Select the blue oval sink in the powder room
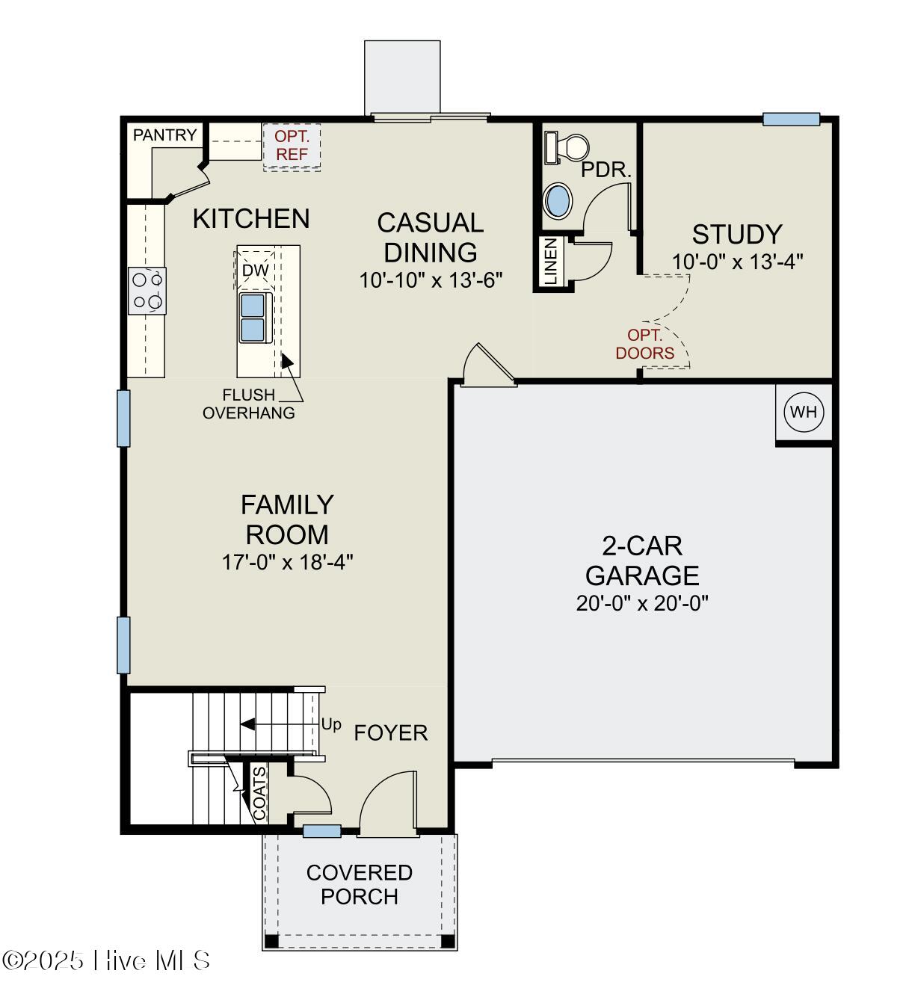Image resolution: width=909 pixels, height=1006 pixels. (x=558, y=200)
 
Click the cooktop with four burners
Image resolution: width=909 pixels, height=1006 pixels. (x=147, y=291)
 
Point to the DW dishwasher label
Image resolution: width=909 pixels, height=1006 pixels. (x=256, y=270)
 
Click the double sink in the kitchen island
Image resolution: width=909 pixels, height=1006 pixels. (x=253, y=317)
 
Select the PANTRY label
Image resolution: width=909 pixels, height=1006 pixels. (x=164, y=135)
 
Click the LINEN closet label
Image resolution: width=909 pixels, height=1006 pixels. (x=550, y=262)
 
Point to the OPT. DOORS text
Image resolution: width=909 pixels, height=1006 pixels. (x=644, y=345)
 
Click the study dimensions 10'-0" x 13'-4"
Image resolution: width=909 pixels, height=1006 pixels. (x=737, y=262)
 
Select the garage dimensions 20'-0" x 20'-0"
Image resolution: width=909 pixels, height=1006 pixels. (x=642, y=603)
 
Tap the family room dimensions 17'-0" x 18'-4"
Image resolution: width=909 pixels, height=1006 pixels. (x=287, y=562)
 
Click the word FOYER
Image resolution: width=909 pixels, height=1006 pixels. (x=390, y=733)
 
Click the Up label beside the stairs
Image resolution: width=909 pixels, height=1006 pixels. (x=331, y=724)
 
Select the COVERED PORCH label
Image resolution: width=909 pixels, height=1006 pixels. (x=360, y=884)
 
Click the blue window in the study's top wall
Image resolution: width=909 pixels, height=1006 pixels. (x=791, y=119)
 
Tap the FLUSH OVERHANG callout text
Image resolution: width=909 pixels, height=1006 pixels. (x=249, y=404)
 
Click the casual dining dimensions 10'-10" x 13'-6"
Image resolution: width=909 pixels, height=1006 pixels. (x=431, y=280)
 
